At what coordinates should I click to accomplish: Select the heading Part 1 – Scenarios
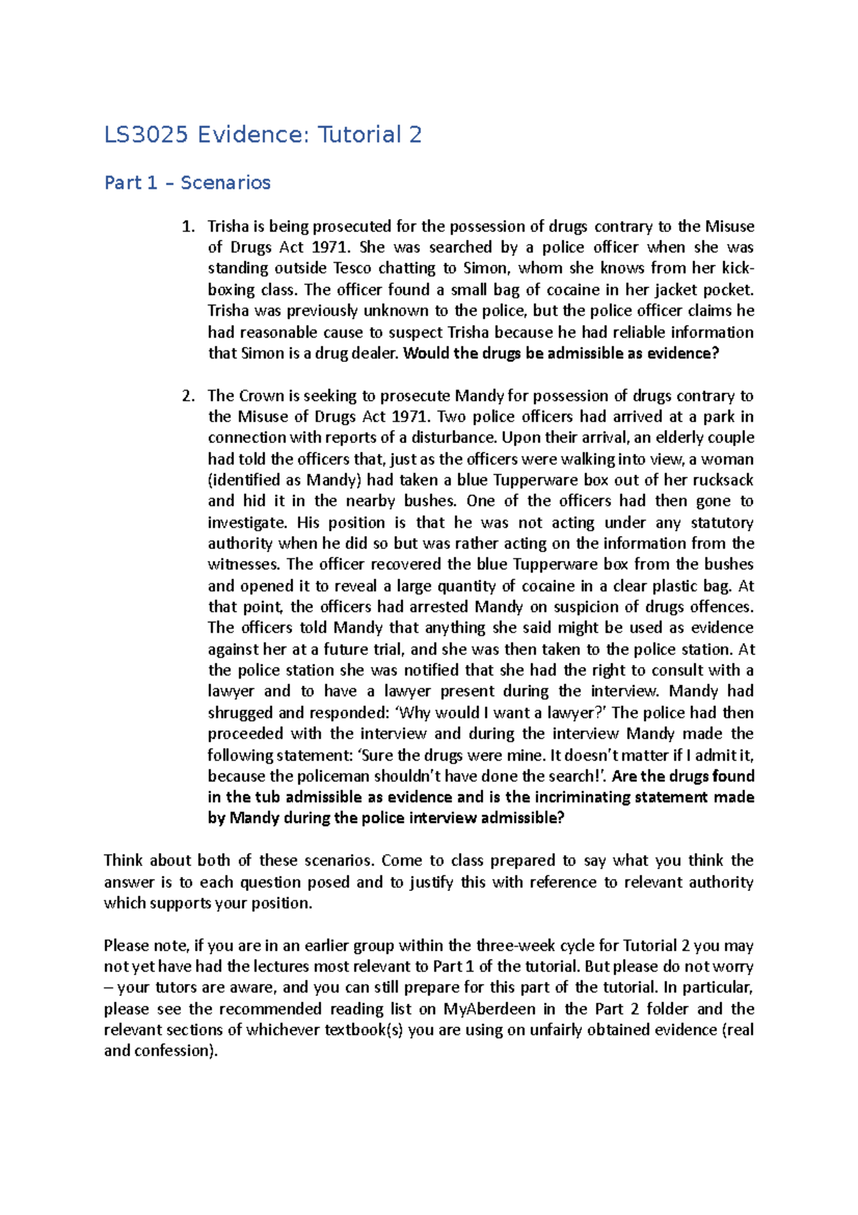pos(187,183)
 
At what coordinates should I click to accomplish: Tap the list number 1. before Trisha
pos(188,227)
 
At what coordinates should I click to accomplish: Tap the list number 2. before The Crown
pos(188,396)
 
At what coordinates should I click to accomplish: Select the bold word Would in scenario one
pos(426,353)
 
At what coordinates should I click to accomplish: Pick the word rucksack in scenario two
pos(723,480)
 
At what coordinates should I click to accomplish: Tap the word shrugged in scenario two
pos(240,713)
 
